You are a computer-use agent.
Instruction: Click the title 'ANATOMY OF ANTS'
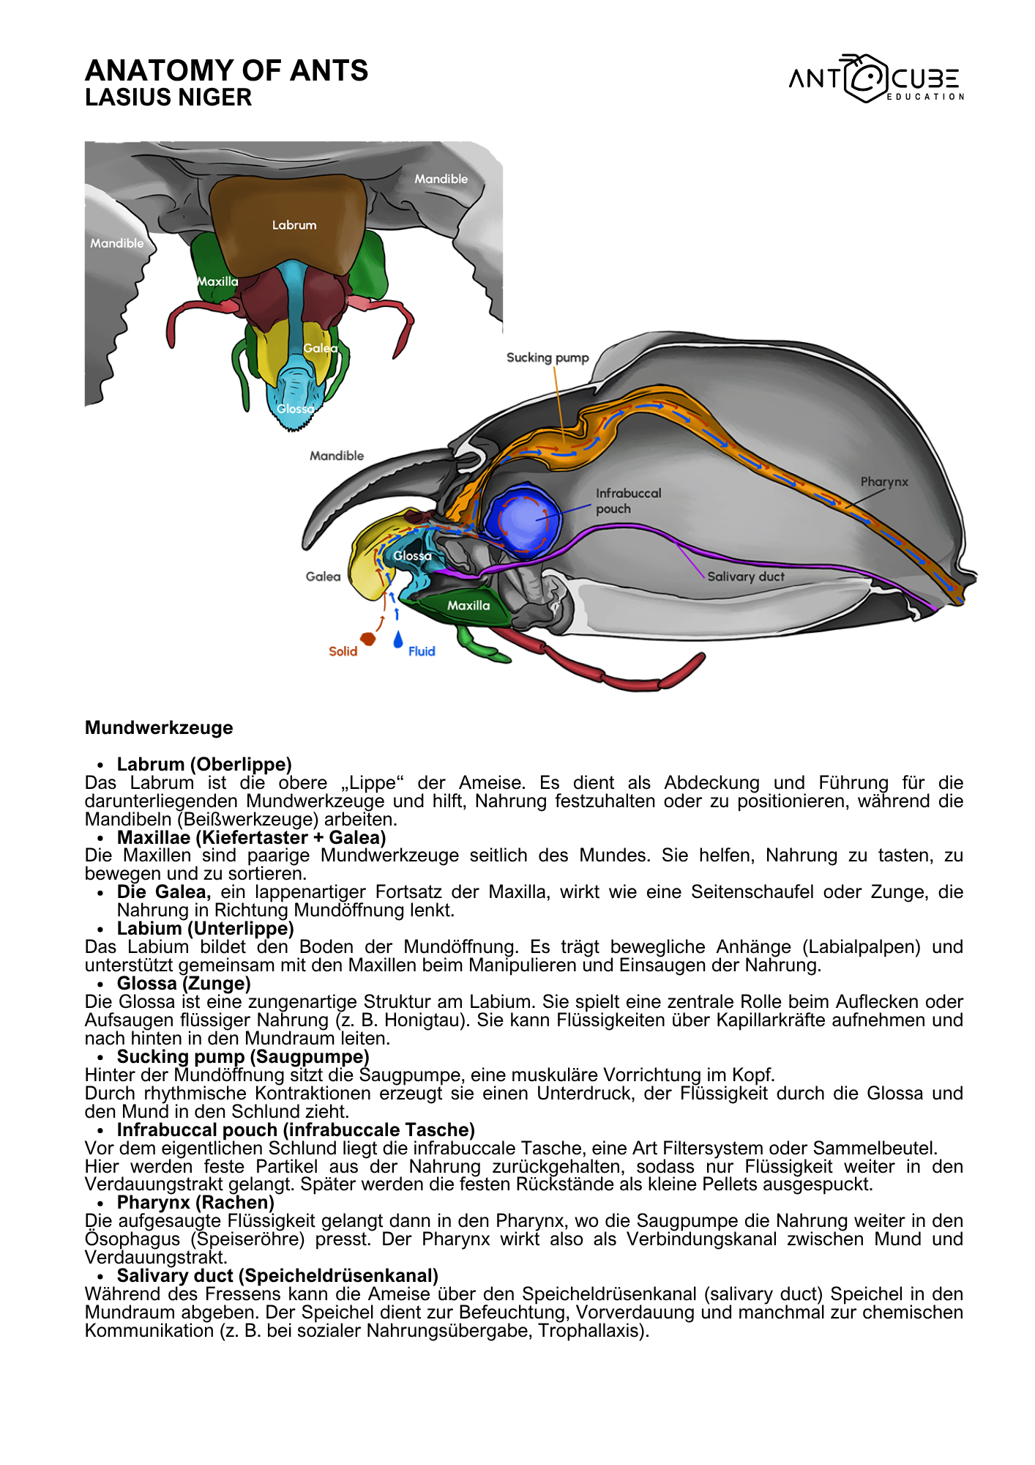click(226, 70)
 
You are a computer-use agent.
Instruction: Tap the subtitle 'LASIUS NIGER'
click(168, 97)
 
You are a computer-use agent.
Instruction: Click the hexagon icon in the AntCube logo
click(866, 78)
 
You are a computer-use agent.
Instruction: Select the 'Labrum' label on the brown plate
click(294, 225)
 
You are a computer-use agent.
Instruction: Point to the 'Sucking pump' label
click(548, 357)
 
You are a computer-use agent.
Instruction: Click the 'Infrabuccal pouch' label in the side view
click(627, 501)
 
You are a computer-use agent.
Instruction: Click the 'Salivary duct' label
click(745, 576)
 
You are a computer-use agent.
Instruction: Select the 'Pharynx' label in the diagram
click(884, 482)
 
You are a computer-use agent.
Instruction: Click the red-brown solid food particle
click(368, 639)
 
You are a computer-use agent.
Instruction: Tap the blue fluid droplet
click(398, 640)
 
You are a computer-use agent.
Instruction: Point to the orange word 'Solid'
click(343, 651)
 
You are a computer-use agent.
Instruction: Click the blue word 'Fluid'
click(422, 651)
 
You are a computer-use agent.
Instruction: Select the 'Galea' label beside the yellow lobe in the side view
click(323, 576)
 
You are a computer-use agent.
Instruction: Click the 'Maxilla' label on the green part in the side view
click(468, 605)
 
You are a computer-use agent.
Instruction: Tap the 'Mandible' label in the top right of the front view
click(441, 179)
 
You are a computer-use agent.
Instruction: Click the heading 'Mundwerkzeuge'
click(159, 727)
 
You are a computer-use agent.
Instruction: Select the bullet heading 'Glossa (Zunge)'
click(184, 983)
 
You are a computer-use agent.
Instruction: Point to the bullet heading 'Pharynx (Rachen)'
click(195, 1202)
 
